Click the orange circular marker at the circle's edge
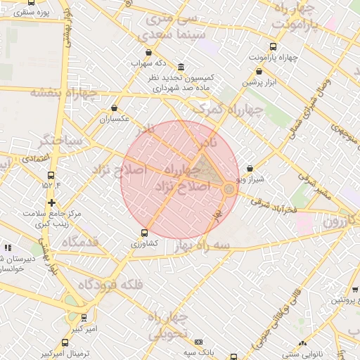click(229, 189)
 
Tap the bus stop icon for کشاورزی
click(145, 233)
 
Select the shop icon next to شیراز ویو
click(251, 169)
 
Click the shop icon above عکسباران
click(115, 108)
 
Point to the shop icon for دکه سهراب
click(148, 53)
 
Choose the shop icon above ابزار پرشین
click(260, 71)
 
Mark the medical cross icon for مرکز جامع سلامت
click(52, 202)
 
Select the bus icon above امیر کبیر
click(84, 318)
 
